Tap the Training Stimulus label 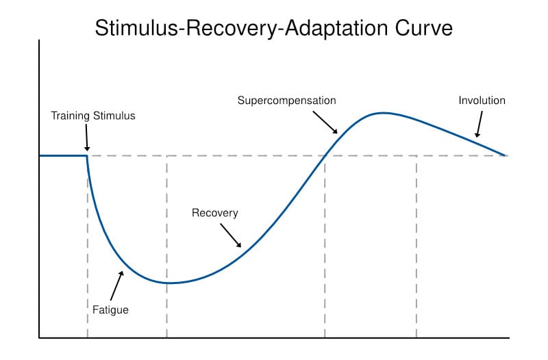93,116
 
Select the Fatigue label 110,310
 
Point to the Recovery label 215,213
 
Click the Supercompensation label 286,101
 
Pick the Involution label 482,101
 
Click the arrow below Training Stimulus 87,140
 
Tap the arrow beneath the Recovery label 231,235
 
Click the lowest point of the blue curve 167,283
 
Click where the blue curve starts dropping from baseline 88,156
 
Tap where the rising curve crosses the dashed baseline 325,155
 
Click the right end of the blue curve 506,155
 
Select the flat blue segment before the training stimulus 63,155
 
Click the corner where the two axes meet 40,337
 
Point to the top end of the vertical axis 40,41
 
